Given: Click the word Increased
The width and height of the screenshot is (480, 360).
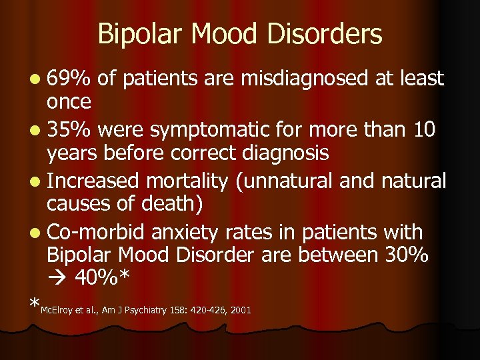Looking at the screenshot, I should [95, 181].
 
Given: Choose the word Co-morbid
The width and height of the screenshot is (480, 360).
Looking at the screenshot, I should [97, 232].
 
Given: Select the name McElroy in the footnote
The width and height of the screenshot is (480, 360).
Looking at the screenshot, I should [56, 310].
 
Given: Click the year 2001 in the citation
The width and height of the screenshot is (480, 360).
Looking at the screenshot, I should [241, 310].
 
